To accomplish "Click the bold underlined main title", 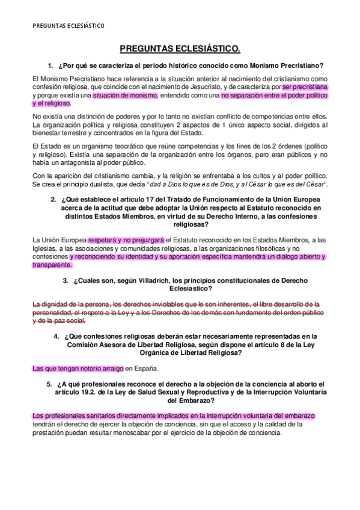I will (x=180, y=48).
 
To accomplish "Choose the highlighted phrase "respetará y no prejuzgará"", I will (x=126, y=239).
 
